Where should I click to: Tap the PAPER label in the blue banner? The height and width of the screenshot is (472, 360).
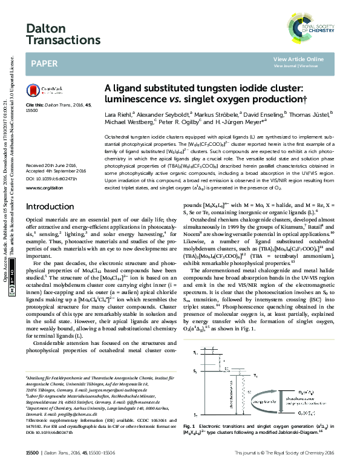tap(45, 63)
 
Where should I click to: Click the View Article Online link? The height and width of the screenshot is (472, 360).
tap(298, 59)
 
